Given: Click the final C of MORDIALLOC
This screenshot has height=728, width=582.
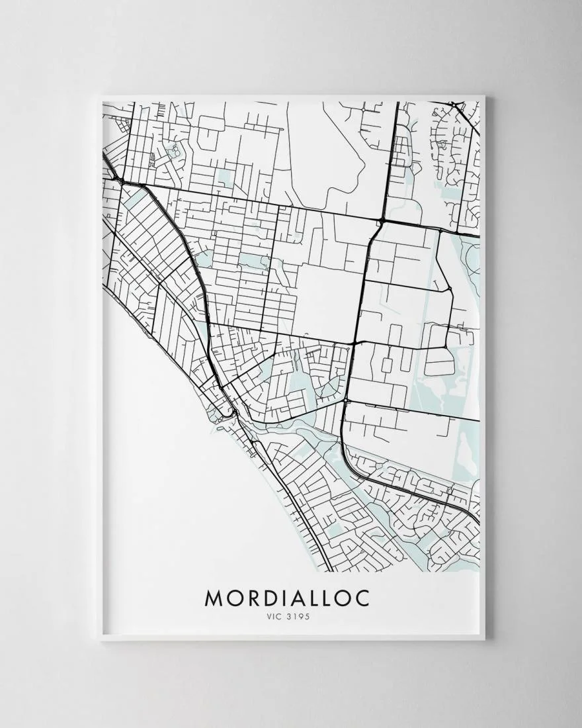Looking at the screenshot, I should (x=362, y=598).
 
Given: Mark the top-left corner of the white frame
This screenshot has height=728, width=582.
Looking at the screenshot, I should (x=100, y=97).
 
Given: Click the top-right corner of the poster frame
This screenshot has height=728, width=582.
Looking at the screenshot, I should (x=484, y=97).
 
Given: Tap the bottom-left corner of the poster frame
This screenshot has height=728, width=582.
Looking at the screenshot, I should (x=100, y=640).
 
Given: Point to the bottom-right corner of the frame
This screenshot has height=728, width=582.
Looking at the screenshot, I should (x=484, y=640).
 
